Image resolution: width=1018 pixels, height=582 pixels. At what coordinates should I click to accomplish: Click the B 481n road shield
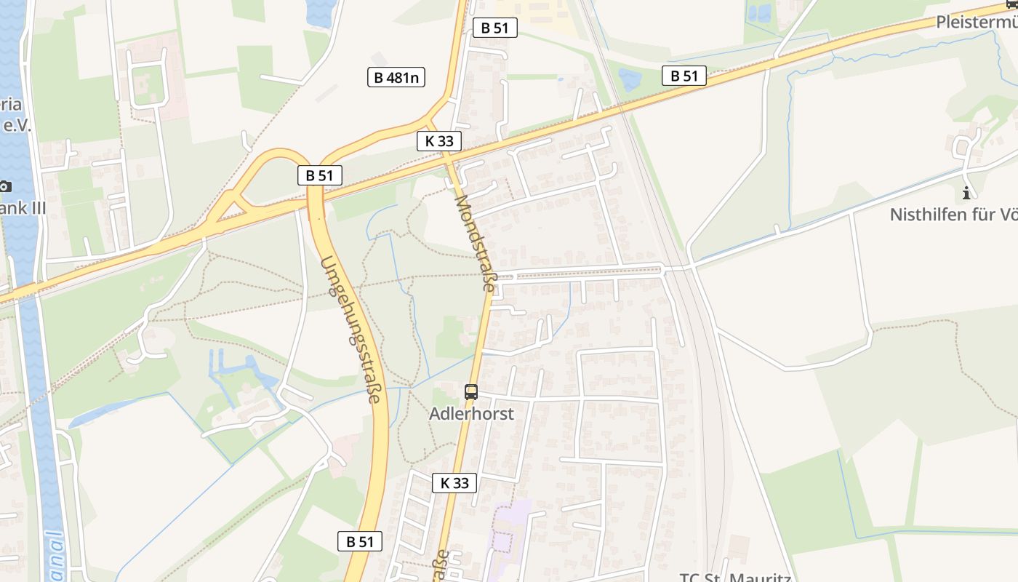click(x=396, y=77)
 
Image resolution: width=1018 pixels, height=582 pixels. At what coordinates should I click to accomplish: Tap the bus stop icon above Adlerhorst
click(x=471, y=392)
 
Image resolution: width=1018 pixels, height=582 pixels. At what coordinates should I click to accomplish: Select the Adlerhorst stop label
click(x=471, y=414)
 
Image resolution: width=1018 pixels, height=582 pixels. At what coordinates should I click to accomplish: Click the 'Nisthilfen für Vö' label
click(x=953, y=215)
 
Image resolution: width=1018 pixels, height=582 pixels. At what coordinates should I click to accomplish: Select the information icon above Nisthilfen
click(x=966, y=193)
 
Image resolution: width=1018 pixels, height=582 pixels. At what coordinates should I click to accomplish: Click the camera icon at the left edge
click(x=5, y=186)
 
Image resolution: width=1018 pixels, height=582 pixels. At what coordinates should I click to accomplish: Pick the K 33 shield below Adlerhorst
click(x=454, y=482)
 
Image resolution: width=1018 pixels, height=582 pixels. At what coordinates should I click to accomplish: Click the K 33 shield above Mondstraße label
click(x=439, y=141)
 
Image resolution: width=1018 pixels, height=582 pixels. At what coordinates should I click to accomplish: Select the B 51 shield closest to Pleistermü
click(x=684, y=76)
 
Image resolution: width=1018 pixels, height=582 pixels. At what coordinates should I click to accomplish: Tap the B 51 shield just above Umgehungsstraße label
click(x=319, y=175)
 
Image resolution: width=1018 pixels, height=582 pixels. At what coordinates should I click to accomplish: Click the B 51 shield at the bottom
click(x=360, y=541)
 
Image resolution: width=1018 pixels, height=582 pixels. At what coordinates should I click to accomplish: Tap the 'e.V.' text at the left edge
click(x=16, y=125)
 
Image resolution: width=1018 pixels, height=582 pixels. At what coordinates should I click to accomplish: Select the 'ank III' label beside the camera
click(x=23, y=209)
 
